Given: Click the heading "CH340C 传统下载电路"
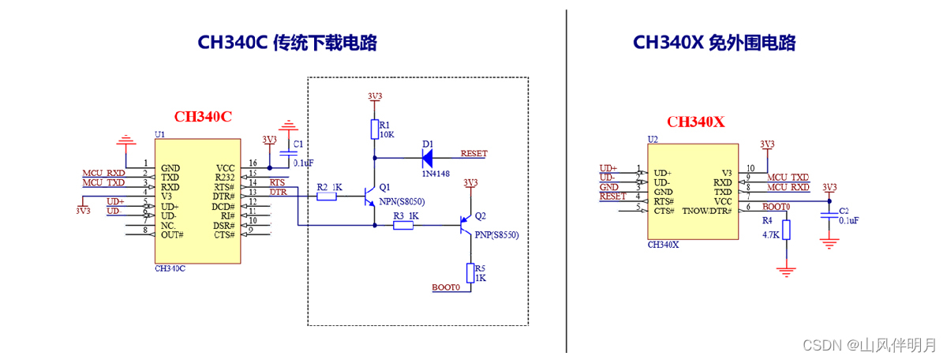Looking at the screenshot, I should tap(286, 43).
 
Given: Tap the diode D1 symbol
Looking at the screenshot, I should tap(429, 157).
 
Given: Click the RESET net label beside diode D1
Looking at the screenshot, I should tap(473, 153).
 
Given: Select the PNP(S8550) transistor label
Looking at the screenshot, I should tap(497, 235).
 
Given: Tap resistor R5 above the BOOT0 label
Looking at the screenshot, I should tap(470, 273).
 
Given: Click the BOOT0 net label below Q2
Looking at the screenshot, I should tap(446, 287).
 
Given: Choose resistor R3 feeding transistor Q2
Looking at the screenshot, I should tap(403, 226).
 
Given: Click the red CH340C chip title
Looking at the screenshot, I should tap(203, 117).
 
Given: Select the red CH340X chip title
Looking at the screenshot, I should tap(695, 122).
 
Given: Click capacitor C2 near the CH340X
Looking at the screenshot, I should tap(829, 217).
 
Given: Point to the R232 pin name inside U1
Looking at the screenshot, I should tap(225, 178).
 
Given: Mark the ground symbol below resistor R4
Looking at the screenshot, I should tap(786, 271).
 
